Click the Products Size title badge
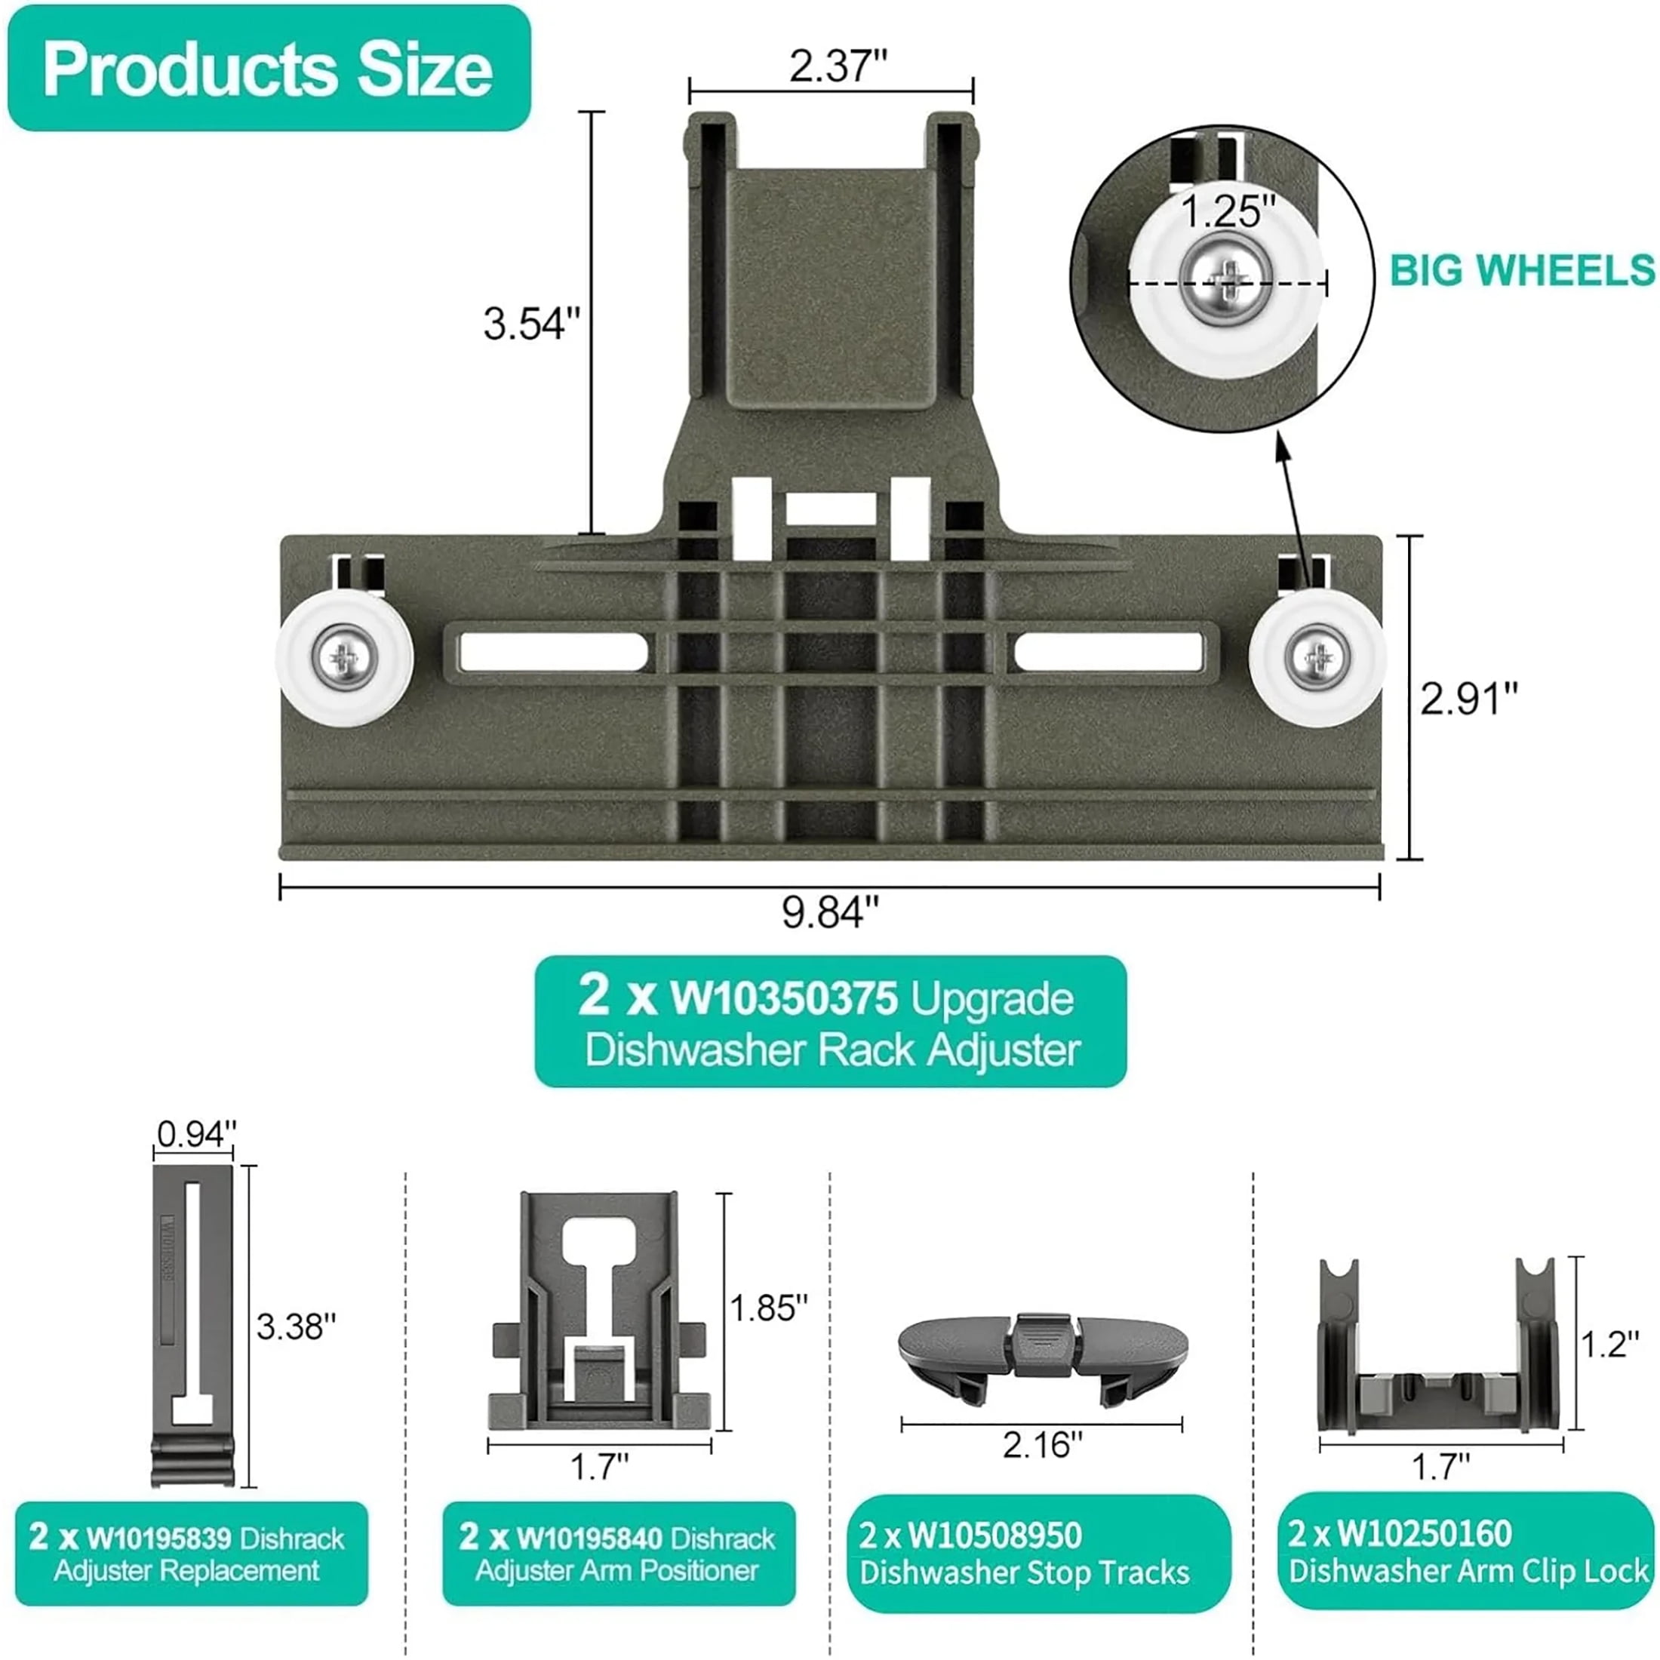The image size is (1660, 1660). coord(268,69)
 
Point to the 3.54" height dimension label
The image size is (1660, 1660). coord(531,324)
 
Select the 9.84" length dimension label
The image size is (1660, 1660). coord(830,912)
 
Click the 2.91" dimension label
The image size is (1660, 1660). coord(1468,699)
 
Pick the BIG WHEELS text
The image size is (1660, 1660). coord(1522,271)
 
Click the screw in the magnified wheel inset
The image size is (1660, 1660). coord(1227,278)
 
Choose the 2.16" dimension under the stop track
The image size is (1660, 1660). coord(1042,1445)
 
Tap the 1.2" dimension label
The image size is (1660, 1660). coord(1611,1345)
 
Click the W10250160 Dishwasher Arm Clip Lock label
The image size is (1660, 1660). coord(1468,1552)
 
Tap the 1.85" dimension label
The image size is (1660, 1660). coord(768,1309)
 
